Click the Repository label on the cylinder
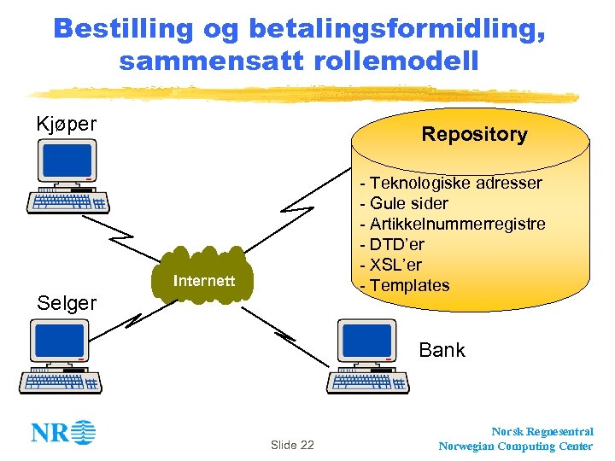coord(474,134)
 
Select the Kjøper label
coord(66,124)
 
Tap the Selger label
coord(66,302)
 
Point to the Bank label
coord(442,350)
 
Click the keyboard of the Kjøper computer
coord(67,201)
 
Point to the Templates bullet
coord(404,285)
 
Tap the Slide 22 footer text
coord(292,445)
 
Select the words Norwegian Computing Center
coord(515,446)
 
